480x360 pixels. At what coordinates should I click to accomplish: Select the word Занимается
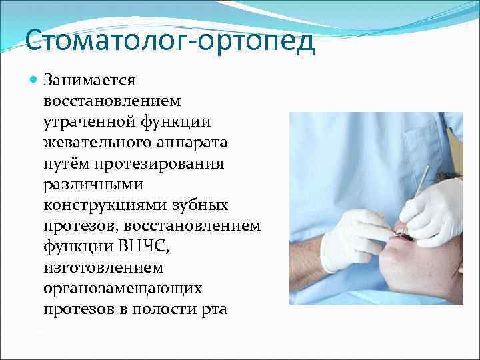(89, 81)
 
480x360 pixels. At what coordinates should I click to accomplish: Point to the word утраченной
(84, 122)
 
